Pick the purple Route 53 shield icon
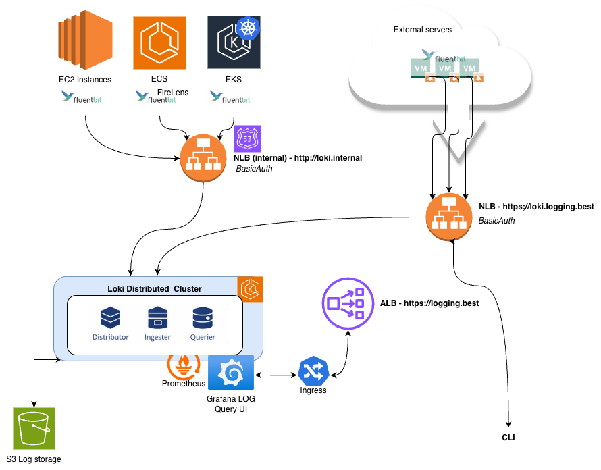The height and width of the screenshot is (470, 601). (247, 139)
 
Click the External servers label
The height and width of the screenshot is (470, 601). (423, 30)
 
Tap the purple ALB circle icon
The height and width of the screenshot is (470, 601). (347, 304)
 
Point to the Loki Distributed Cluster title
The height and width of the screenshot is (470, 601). (155, 289)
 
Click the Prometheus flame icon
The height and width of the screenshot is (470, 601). (183, 366)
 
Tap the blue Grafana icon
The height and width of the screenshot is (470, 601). (231, 373)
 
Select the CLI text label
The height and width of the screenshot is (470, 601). (508, 438)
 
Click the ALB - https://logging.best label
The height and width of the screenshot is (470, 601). (429, 304)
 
